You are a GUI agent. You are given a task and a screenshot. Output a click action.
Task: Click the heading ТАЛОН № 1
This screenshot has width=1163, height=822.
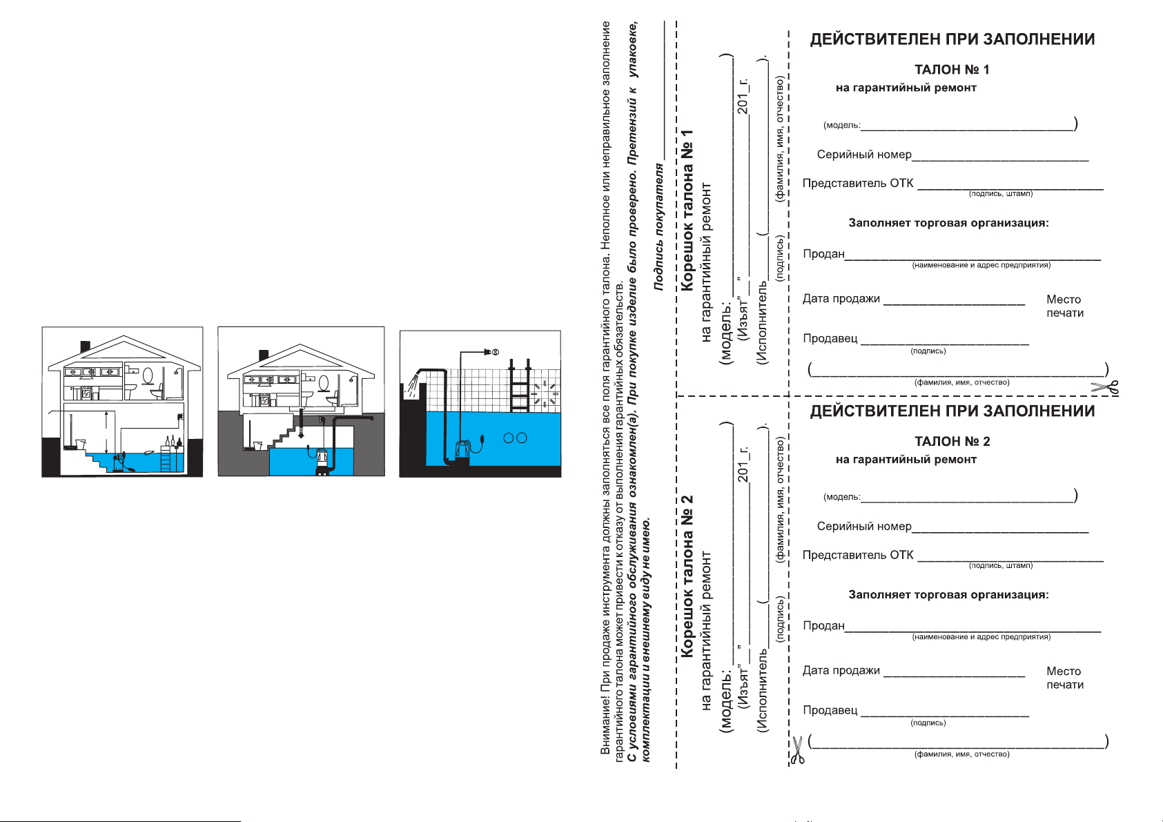pos(952,70)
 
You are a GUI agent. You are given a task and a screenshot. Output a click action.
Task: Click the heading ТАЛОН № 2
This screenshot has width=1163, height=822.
pos(952,442)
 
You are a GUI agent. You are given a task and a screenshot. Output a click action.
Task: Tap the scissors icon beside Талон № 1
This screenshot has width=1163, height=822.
pos(1104,388)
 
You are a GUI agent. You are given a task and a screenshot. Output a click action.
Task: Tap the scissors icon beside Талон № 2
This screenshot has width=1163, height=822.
pos(797,750)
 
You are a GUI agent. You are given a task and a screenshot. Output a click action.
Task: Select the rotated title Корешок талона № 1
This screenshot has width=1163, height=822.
pos(687,210)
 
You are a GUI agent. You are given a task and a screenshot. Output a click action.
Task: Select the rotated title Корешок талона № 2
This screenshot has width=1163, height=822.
pos(687,576)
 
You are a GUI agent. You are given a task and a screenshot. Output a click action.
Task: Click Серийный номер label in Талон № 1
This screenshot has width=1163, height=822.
pos(864,155)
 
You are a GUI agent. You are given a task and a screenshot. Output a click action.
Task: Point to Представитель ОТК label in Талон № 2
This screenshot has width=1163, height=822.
pos(858,556)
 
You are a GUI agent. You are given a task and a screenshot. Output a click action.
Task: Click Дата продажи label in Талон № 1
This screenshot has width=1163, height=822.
pos(841,299)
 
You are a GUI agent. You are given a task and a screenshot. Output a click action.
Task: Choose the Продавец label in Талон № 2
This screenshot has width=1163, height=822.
pos(830,710)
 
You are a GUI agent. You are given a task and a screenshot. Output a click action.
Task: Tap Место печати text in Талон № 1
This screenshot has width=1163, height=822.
pos(1064,306)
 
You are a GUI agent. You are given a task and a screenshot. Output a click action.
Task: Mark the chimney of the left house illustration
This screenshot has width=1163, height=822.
pos(86,346)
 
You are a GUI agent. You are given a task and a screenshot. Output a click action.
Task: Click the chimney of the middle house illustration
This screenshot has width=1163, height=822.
pos(264,355)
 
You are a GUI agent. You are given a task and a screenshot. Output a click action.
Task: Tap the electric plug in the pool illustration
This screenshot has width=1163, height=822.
pos(491,353)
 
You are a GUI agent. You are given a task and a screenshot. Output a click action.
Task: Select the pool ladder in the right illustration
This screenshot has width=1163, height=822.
pos(520,386)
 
